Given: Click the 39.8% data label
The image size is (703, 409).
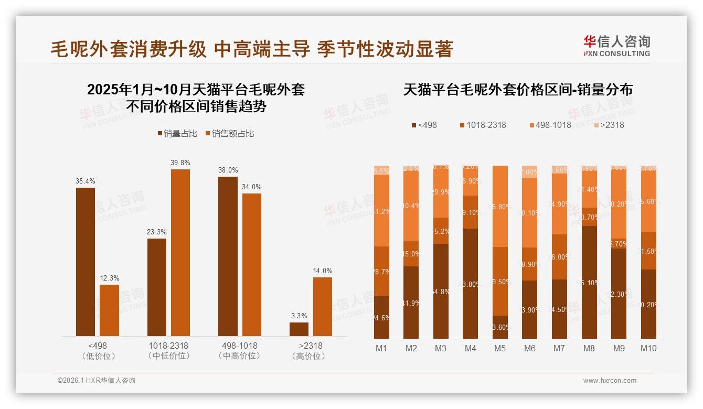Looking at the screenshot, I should [180, 163].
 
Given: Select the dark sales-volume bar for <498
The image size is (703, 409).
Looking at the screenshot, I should [86, 262].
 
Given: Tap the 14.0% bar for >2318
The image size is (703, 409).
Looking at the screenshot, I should [323, 307].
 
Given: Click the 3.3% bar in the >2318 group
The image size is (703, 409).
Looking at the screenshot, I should [299, 329].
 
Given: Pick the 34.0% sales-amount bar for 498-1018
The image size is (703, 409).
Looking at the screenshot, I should [252, 265].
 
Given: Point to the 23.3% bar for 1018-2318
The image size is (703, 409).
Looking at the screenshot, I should [157, 287].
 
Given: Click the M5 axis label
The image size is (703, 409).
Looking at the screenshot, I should [500, 348].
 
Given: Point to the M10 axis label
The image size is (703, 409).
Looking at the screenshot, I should [648, 348].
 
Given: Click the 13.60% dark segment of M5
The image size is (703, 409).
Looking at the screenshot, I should [500, 327].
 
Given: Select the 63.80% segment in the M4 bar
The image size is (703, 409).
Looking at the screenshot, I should [471, 284].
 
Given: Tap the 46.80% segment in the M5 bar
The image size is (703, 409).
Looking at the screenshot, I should [500, 207].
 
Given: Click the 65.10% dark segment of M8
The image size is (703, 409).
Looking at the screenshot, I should [589, 282].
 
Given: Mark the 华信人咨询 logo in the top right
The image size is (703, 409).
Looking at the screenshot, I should [616, 46].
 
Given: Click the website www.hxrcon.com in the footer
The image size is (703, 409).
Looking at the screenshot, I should [610, 381].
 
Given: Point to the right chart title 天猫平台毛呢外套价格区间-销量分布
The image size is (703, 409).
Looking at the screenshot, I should [518, 90].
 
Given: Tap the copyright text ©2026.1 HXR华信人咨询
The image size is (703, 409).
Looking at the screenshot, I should [97, 381].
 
